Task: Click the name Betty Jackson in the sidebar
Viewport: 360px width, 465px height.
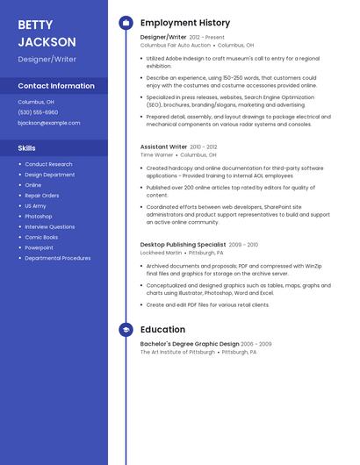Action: (x=47, y=32)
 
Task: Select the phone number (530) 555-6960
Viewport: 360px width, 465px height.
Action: (x=38, y=112)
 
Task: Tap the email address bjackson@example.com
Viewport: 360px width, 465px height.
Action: (x=49, y=123)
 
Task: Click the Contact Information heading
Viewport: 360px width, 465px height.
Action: (x=56, y=86)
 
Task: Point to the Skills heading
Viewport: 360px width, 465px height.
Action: (x=27, y=148)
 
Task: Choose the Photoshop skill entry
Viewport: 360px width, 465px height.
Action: (x=39, y=216)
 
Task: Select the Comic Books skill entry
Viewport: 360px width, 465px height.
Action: (x=41, y=237)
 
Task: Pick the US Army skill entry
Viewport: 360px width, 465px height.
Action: (x=35, y=205)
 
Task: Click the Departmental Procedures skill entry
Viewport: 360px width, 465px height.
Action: (x=58, y=258)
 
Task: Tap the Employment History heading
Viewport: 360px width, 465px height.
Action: (x=185, y=23)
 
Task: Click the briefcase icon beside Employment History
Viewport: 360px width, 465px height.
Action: (x=126, y=23)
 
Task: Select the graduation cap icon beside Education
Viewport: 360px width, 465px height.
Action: (x=126, y=330)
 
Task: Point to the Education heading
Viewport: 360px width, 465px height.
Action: (x=162, y=330)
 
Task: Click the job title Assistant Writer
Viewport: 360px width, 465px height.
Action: (x=163, y=147)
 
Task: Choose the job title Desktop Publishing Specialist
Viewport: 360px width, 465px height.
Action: (x=183, y=245)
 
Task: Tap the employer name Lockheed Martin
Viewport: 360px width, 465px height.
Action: (x=162, y=253)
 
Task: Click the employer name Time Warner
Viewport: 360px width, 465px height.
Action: (x=157, y=154)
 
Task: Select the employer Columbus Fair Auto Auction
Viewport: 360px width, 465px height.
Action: (x=176, y=45)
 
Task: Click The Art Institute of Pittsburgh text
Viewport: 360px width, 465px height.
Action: (x=177, y=352)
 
